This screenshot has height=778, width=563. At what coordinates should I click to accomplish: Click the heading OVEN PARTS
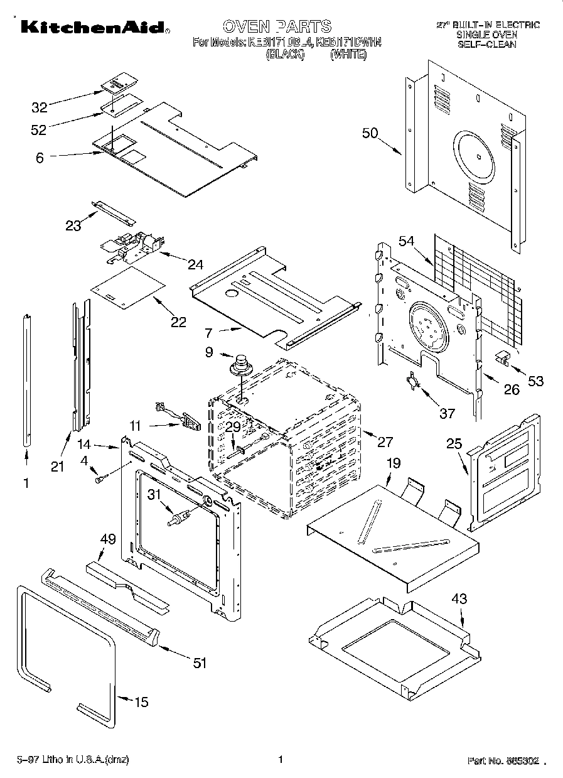[277, 26]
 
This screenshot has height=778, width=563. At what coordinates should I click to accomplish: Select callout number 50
[370, 132]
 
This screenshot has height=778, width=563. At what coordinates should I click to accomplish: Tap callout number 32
[40, 107]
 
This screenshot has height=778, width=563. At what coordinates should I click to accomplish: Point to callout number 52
[40, 129]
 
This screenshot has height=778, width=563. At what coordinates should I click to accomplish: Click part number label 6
[40, 158]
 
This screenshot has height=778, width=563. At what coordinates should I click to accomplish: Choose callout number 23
[73, 226]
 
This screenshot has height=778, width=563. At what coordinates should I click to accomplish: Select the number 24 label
[195, 264]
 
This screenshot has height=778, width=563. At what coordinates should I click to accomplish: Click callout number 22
[179, 322]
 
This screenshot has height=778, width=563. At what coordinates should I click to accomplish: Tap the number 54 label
[407, 241]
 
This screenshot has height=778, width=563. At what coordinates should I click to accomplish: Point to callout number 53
[535, 381]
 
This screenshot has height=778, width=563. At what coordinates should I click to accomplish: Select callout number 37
[446, 413]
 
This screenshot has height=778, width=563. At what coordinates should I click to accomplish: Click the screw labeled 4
[100, 480]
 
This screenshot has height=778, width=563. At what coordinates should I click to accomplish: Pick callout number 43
[459, 599]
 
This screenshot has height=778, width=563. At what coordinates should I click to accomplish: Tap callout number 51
[200, 662]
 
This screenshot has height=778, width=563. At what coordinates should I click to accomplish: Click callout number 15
[142, 702]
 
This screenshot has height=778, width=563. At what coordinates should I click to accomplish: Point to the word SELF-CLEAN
[486, 45]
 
